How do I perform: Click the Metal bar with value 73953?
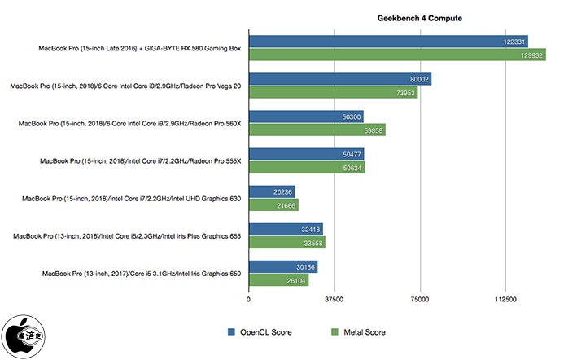pos(333,93)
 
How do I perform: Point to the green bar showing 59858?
pos(317,130)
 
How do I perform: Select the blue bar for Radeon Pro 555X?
pos(306,154)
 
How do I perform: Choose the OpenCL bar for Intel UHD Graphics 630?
pos(272,192)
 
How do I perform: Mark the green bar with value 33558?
pos(286,243)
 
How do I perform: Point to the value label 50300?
pos(351,116)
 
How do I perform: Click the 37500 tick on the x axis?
pos(334,300)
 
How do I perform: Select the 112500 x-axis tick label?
pos(505,300)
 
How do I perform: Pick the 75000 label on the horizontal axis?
pos(420,300)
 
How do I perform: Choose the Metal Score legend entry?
pos(358,332)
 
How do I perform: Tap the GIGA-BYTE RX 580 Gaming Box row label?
pos(140,47)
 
